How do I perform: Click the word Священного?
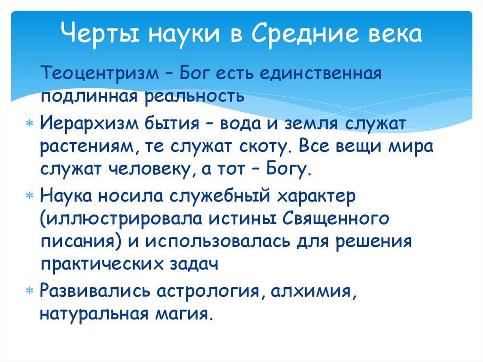[x=337, y=219]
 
